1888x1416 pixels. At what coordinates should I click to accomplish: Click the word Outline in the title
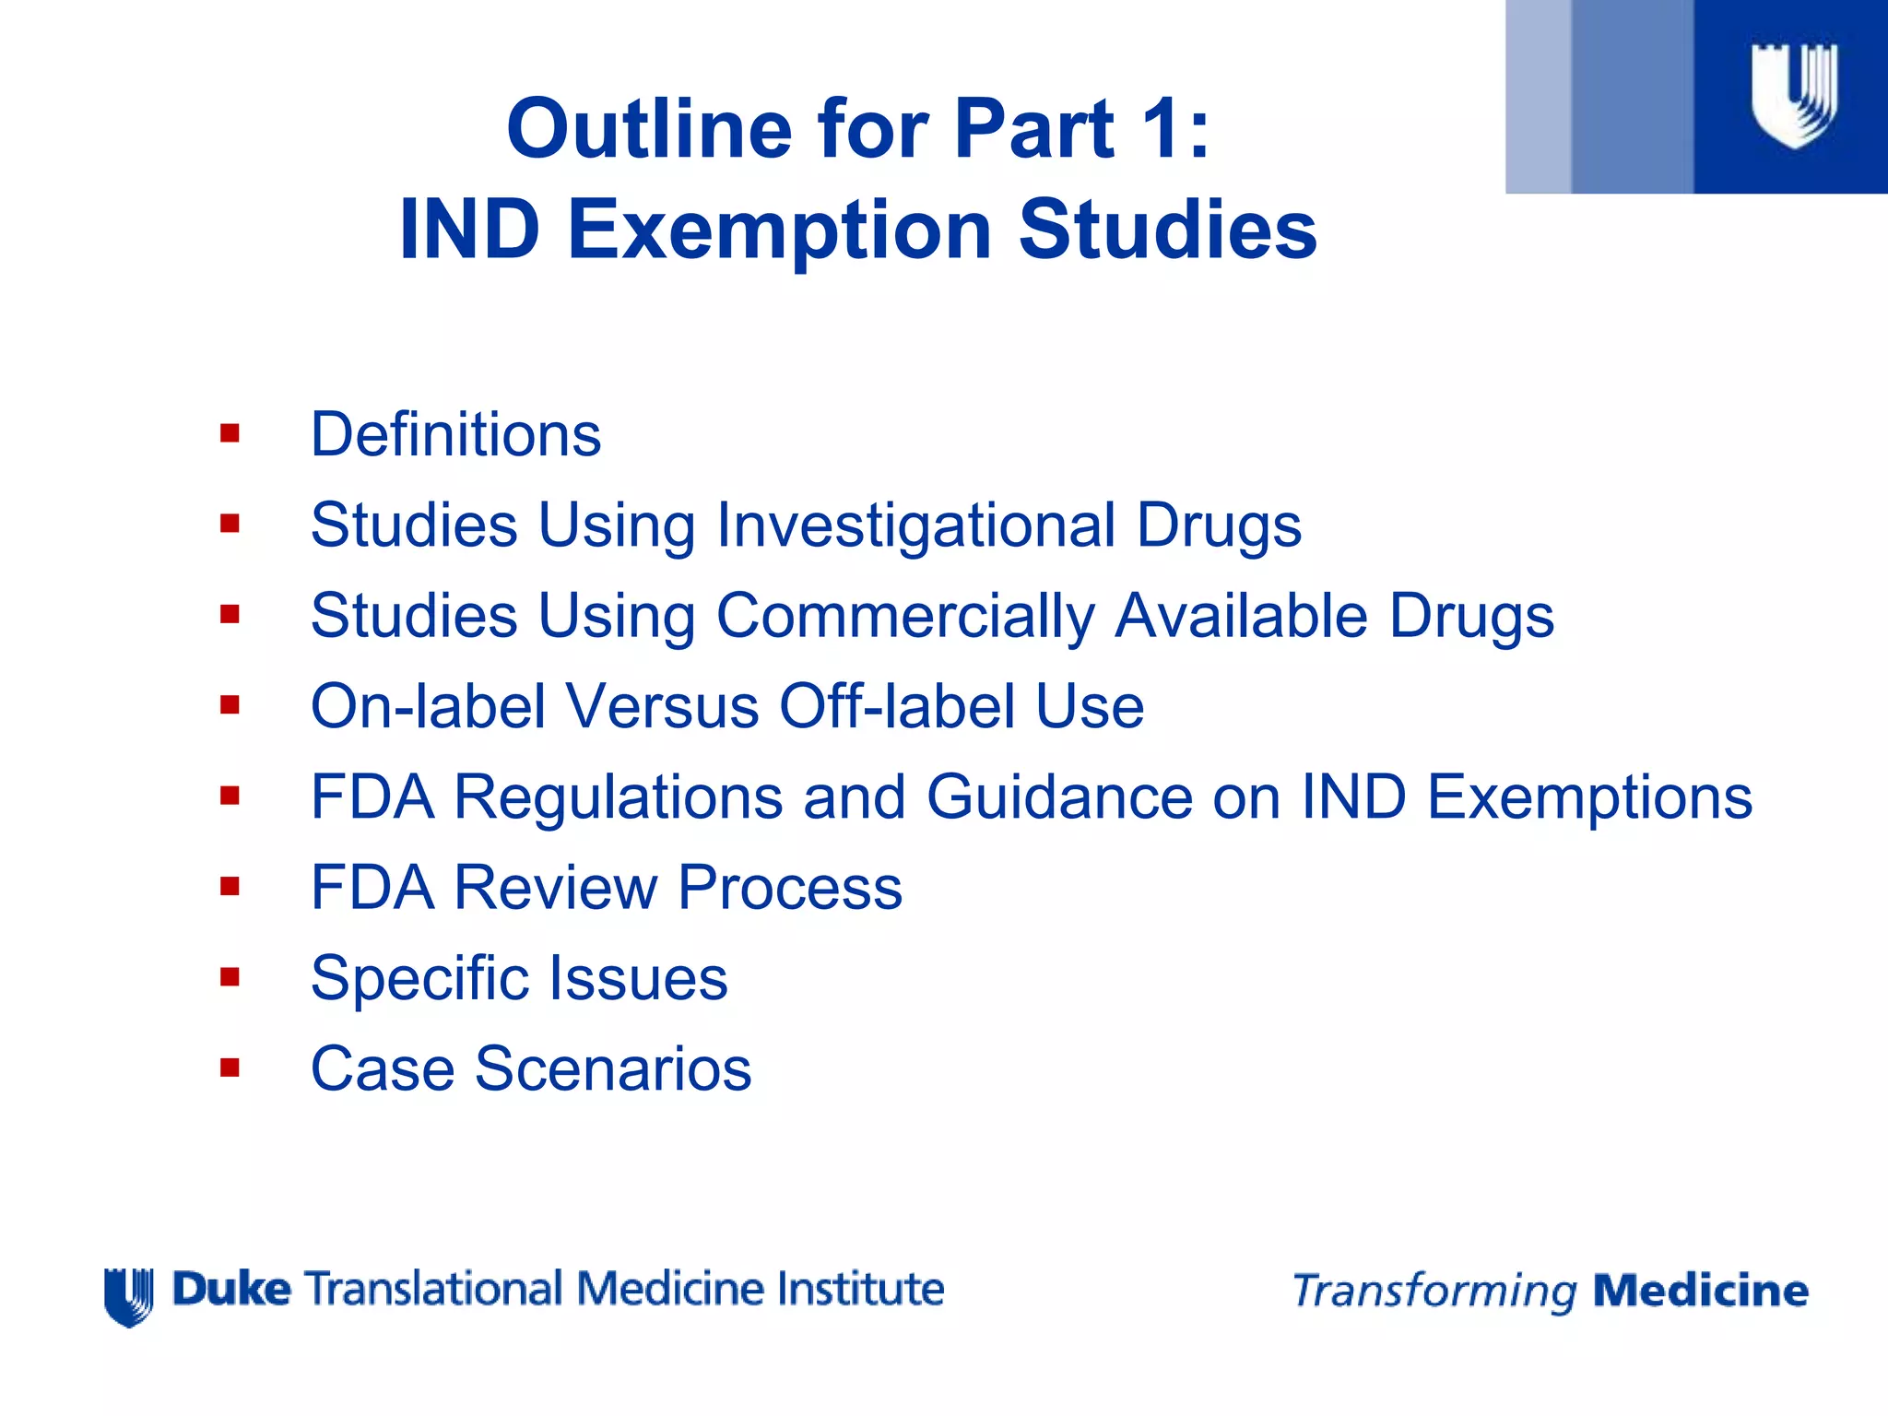pos(649,129)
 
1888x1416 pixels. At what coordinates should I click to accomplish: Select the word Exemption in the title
pos(779,230)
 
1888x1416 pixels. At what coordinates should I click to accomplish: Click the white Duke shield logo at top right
pos(1794,96)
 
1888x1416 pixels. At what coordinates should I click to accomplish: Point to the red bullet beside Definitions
pos(230,433)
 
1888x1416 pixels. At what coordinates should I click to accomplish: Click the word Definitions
pos(455,434)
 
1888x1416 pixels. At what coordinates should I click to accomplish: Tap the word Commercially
pos(904,616)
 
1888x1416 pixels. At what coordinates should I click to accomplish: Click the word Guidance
pos(1059,796)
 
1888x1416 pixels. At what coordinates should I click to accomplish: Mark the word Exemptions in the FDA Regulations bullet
pos(1588,796)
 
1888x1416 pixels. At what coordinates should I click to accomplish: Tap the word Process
pos(790,887)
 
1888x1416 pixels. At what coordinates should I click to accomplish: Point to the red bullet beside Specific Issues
pos(230,976)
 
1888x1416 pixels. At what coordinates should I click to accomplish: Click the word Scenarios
pos(613,1068)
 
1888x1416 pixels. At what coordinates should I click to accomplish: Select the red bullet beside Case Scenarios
pos(230,1068)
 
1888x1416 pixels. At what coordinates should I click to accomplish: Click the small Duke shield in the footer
pos(129,1296)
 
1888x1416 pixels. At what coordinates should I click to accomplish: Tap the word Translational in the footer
pos(432,1289)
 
